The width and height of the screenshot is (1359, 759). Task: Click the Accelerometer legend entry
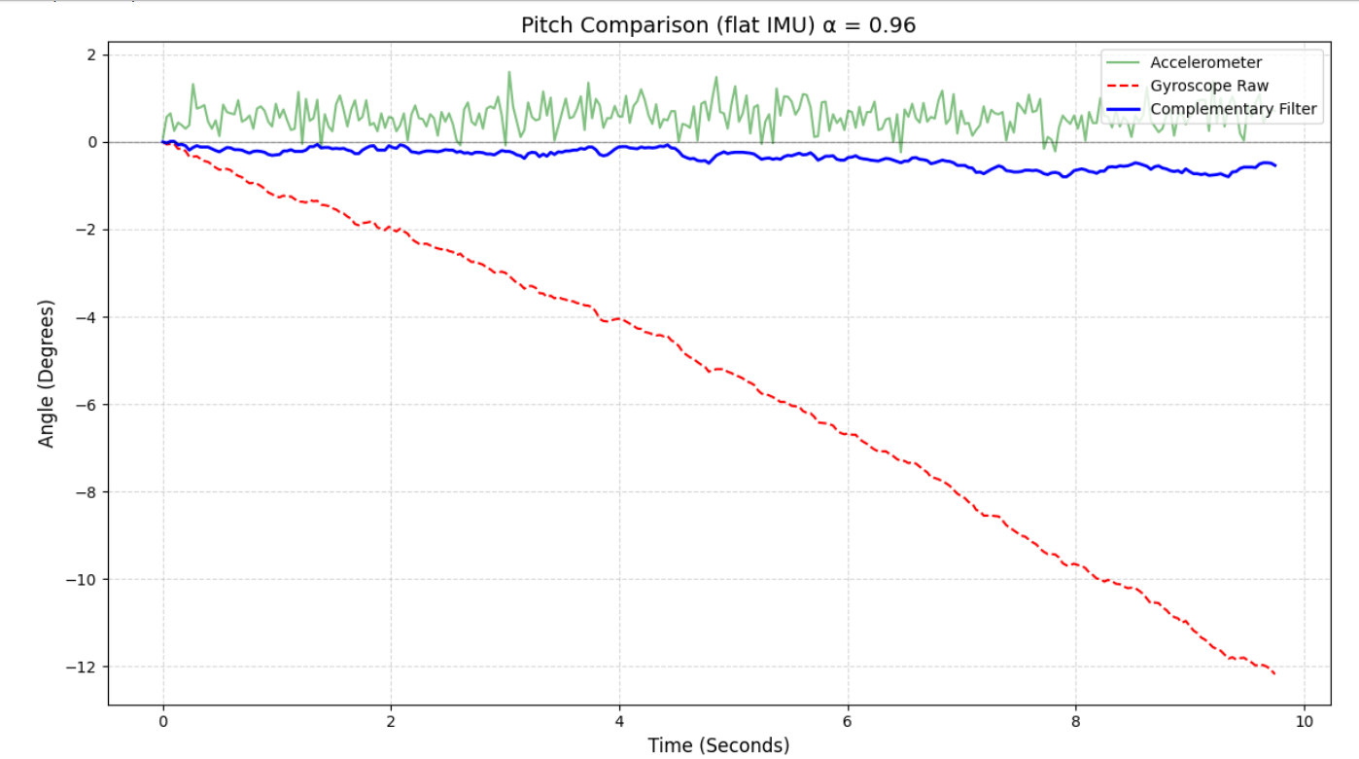(x=1205, y=63)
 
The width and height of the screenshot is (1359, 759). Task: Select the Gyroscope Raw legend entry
(x=1208, y=86)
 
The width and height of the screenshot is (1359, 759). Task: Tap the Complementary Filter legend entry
(x=1233, y=109)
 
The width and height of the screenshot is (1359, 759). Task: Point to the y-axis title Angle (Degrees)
(x=47, y=374)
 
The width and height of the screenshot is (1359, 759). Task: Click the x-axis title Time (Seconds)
(x=718, y=745)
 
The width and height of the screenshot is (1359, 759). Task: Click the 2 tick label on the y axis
(x=90, y=55)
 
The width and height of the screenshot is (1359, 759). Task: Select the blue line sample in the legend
(x=1124, y=109)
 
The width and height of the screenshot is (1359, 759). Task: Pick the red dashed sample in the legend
(x=1124, y=86)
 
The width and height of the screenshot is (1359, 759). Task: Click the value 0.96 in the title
(x=886, y=25)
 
